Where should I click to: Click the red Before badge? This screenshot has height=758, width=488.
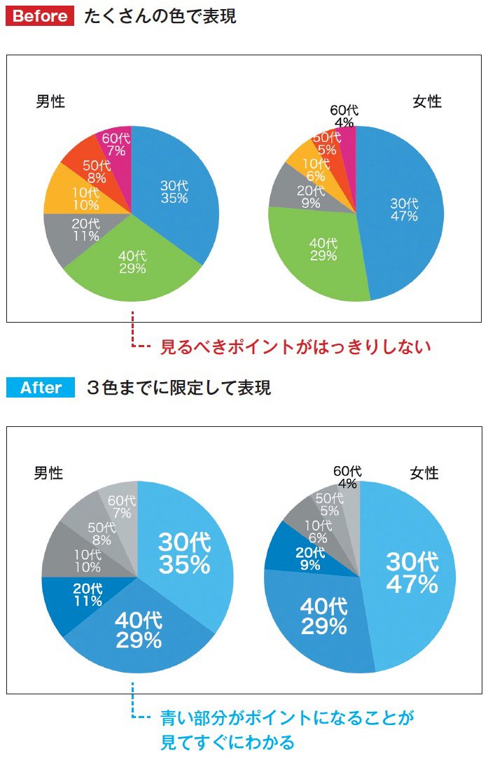tap(40, 16)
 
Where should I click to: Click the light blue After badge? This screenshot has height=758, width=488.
tap(40, 387)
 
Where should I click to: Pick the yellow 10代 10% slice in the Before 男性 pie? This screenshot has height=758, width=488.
tap(69, 198)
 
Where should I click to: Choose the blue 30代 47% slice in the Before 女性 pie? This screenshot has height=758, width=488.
tap(404, 210)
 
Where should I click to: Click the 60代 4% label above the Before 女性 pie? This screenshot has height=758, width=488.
tap(344, 116)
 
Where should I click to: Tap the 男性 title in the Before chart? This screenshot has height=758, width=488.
tap(50, 102)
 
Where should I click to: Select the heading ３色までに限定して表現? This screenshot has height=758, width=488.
tap(179, 387)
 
